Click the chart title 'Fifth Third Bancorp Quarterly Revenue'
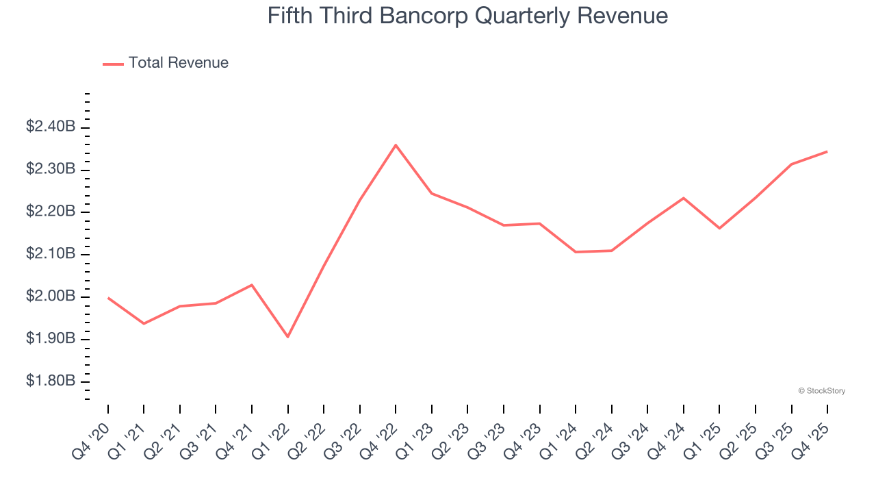[467, 16]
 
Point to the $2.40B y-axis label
[51, 127]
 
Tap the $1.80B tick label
[51, 381]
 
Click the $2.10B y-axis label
[51, 254]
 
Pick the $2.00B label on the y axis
[51, 296]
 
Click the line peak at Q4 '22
[396, 145]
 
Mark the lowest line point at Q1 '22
[288, 337]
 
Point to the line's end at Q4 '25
[827, 151]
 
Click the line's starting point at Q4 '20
[108, 298]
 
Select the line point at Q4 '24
[683, 198]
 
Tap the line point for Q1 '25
[719, 228]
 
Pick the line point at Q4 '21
[252, 285]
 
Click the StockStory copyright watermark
[821, 391]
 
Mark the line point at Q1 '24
[576, 252]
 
